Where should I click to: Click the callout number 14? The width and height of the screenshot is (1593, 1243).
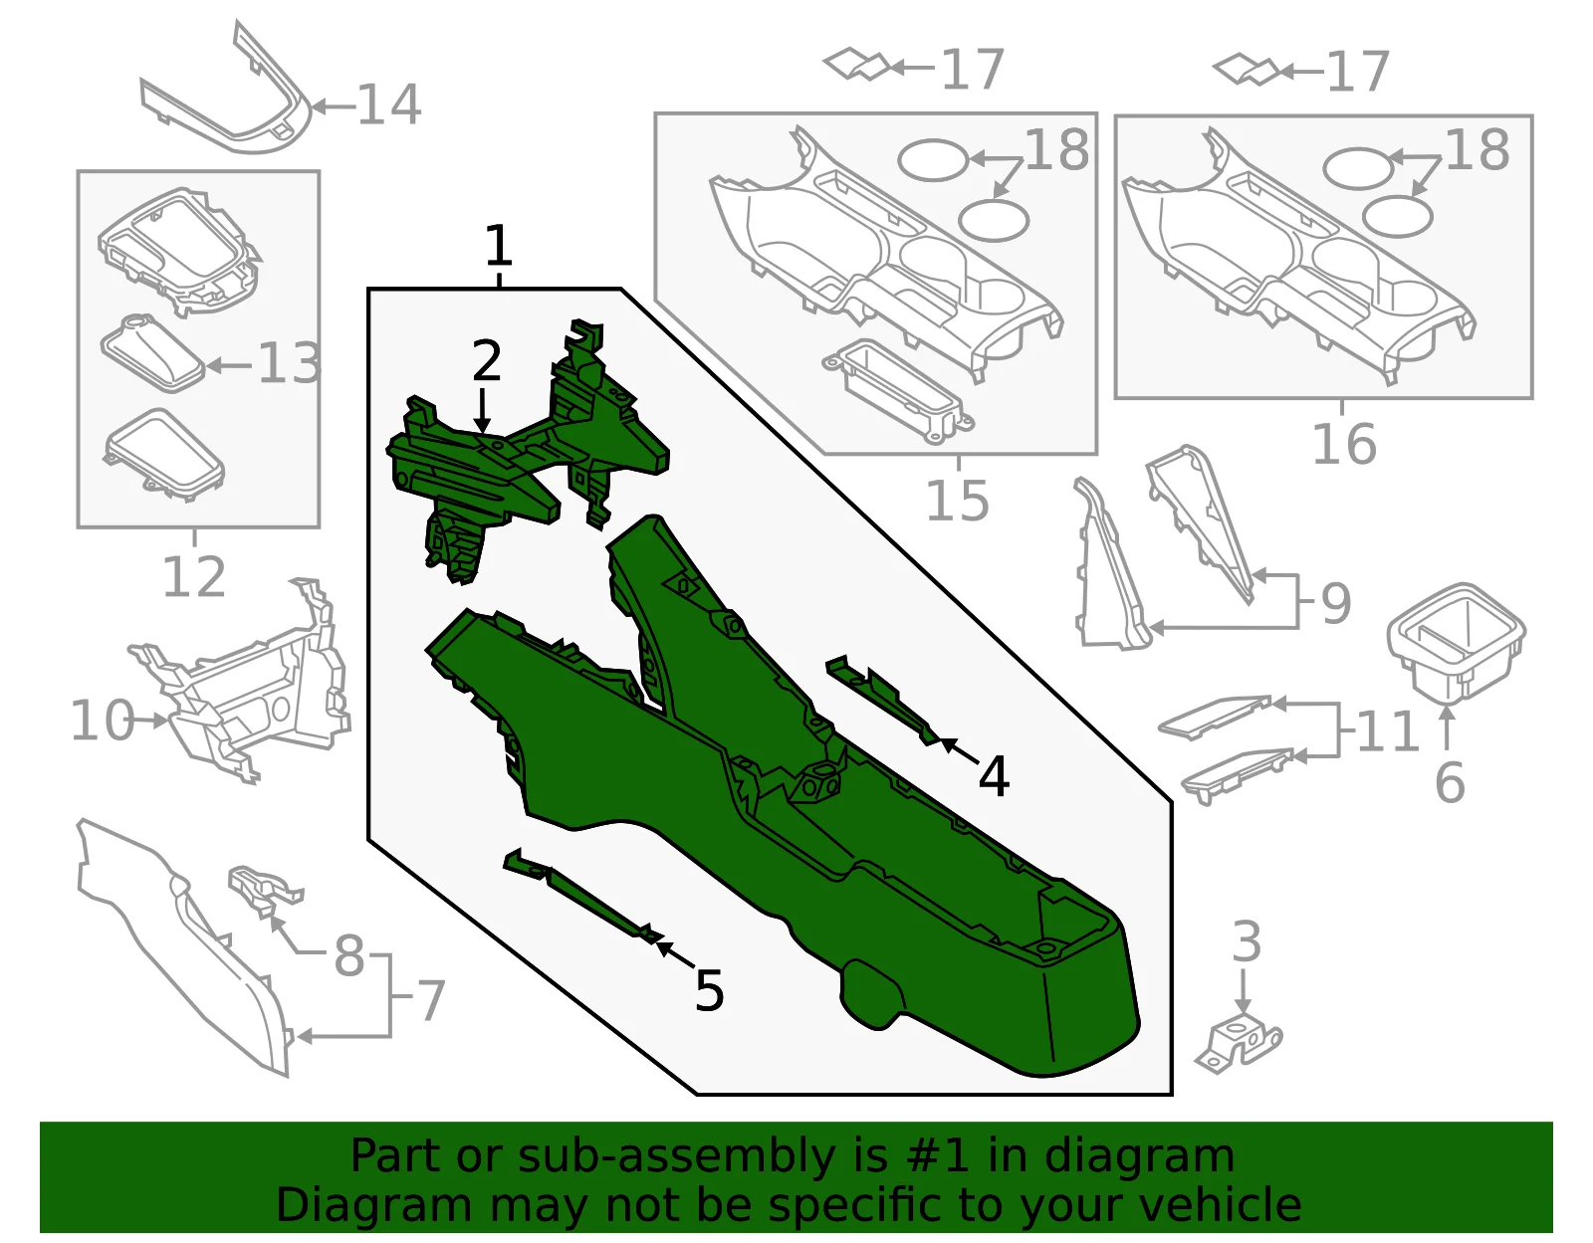click(x=389, y=104)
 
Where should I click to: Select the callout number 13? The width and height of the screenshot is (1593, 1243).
click(x=290, y=363)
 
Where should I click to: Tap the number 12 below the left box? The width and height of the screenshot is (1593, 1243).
click(x=193, y=577)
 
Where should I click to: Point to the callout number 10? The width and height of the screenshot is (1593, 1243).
click(x=103, y=720)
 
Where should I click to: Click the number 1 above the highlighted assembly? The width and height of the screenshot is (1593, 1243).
click(x=499, y=246)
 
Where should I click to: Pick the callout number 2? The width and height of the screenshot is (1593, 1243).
click(x=487, y=360)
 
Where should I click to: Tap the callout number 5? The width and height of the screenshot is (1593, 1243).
click(x=709, y=990)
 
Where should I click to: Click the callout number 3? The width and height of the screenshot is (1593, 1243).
click(x=1247, y=941)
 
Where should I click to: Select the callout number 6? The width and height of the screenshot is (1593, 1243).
click(x=1450, y=782)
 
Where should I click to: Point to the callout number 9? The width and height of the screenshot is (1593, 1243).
click(x=1336, y=603)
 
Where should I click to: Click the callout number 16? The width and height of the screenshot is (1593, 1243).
click(x=1344, y=444)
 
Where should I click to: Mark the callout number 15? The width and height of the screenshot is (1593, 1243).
click(x=958, y=501)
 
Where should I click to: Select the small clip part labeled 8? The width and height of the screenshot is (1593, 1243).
click(x=264, y=889)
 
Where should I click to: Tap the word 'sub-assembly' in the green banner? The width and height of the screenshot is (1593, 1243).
click(x=677, y=1156)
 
